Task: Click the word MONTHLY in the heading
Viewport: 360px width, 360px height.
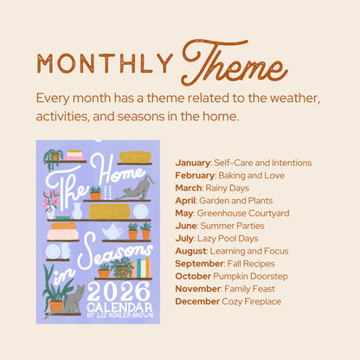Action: pos(103,63)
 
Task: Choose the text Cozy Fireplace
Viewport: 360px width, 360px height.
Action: pos(251,300)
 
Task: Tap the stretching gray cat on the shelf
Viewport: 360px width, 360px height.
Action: pos(137,186)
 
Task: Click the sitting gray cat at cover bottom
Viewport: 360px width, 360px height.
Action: pos(73,299)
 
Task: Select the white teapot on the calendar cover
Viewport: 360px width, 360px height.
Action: pos(112,232)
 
